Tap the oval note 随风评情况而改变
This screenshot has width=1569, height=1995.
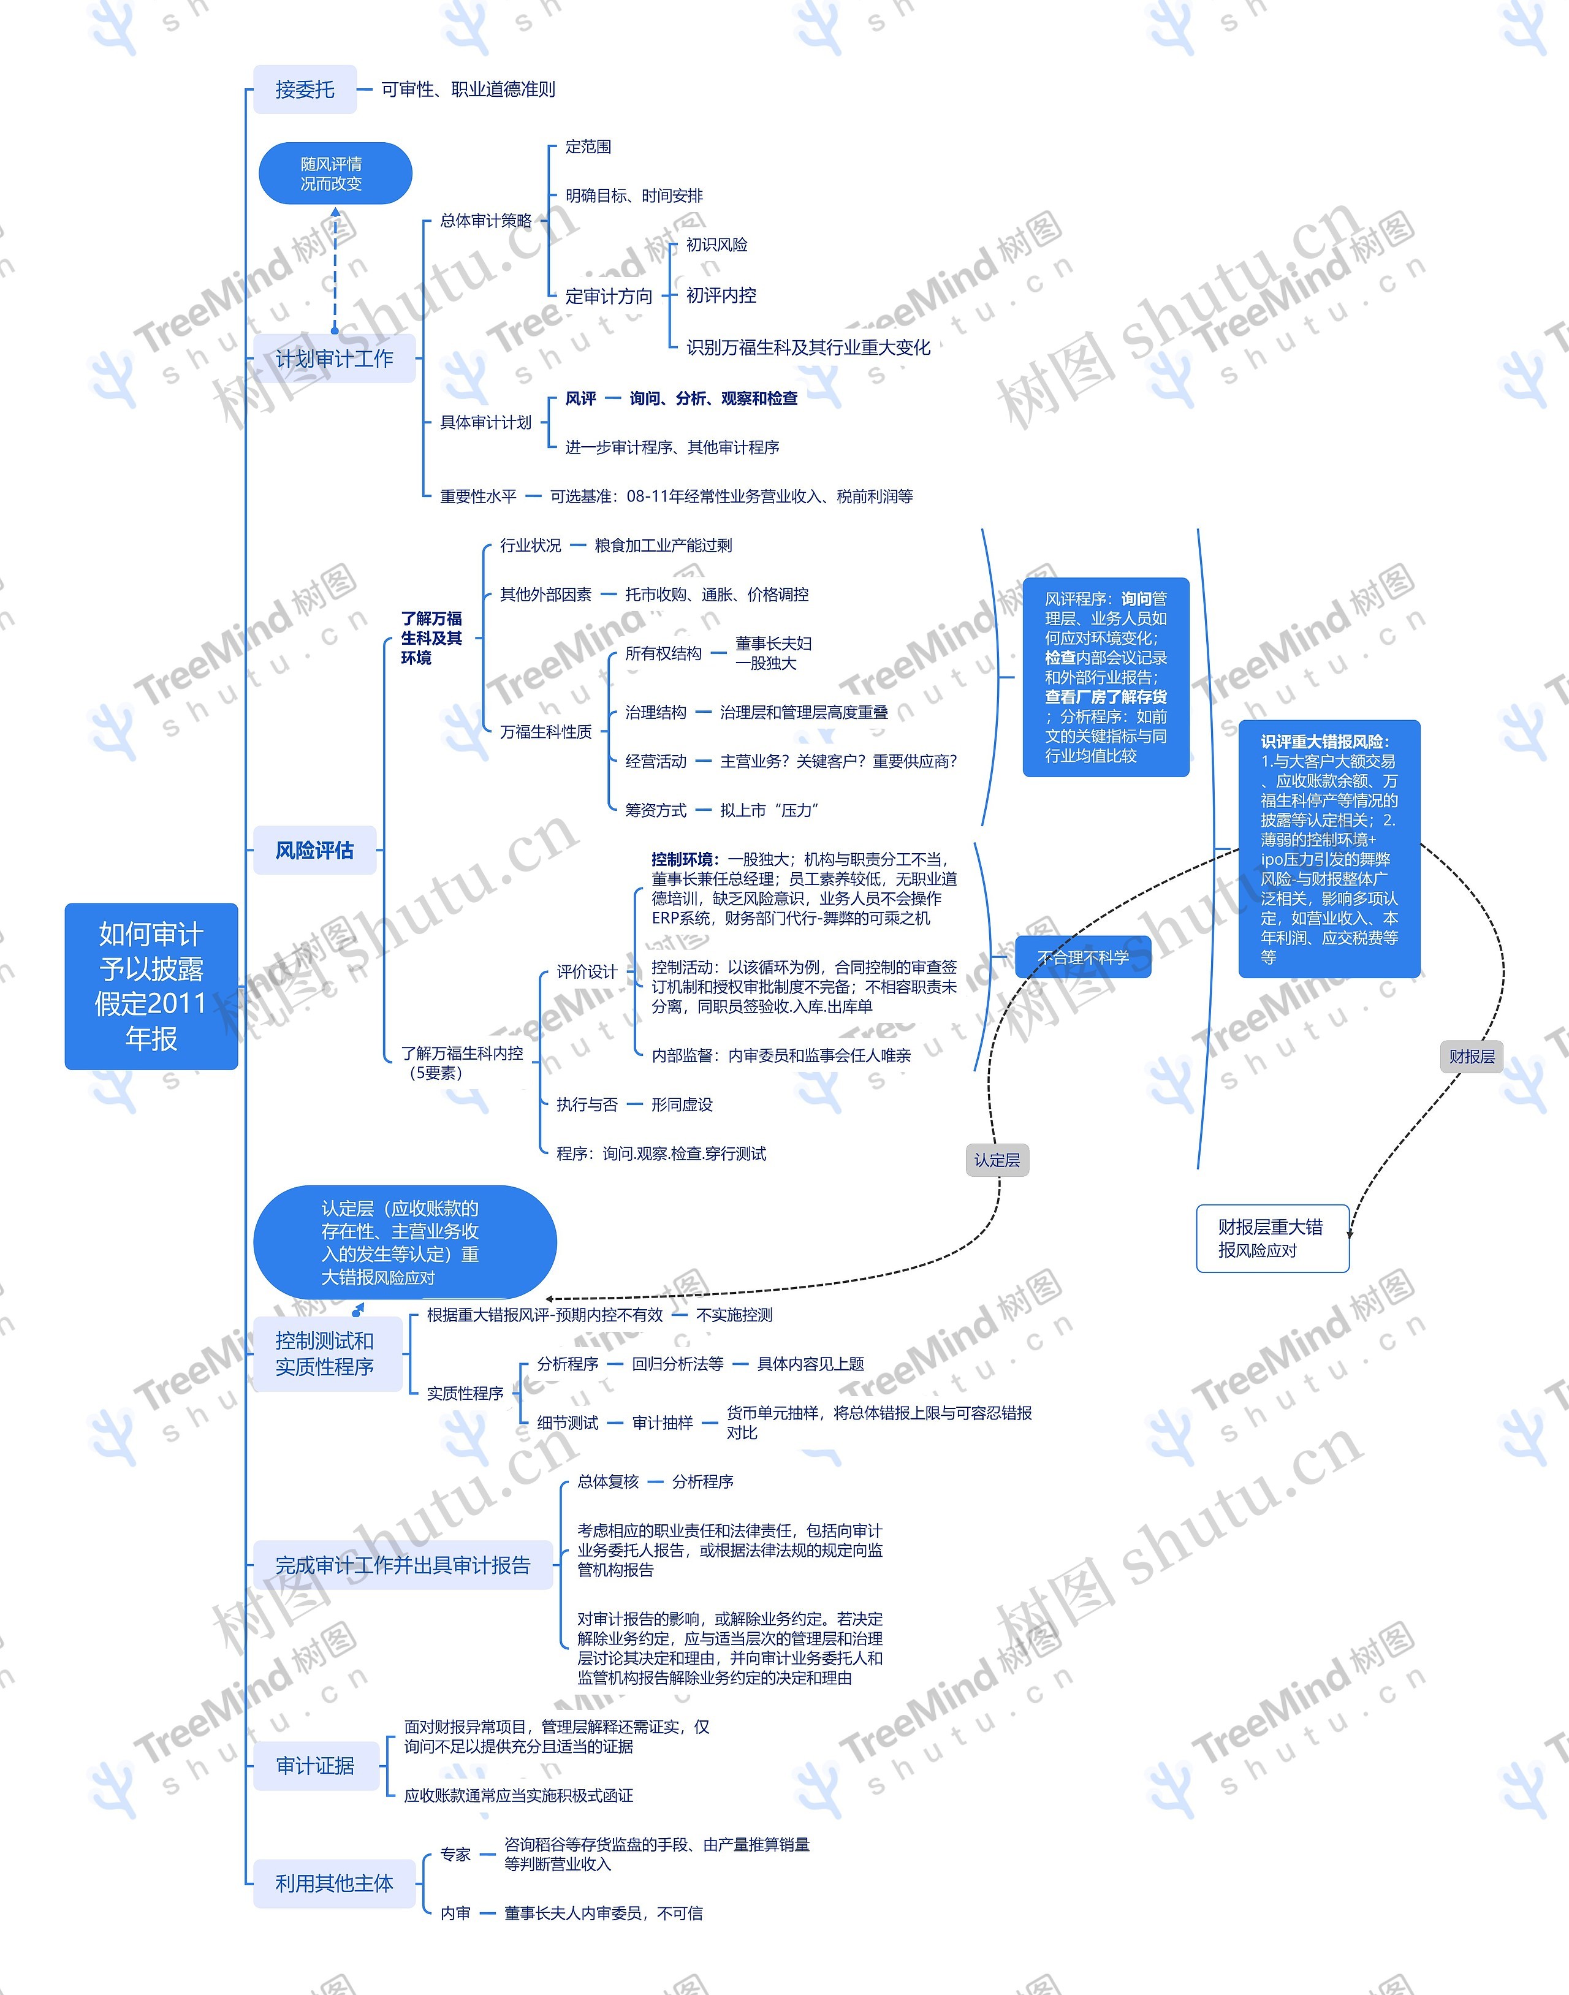pos(335,173)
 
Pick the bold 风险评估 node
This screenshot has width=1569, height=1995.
pos(314,851)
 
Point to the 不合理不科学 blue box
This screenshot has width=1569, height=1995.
pos(1082,957)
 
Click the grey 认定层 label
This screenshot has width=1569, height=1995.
pos(997,1160)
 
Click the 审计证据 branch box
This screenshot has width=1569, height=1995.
pos(315,1765)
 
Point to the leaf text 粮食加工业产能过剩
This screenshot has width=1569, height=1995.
pos(663,545)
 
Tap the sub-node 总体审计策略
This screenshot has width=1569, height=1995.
pos(485,221)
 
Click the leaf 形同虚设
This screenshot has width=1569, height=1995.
pos(682,1104)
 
